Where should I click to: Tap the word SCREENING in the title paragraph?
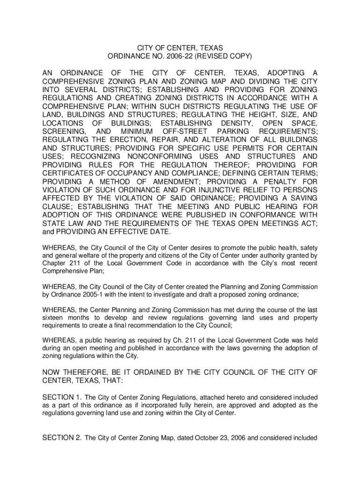click(x=63, y=132)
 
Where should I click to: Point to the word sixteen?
click(x=53, y=318)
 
